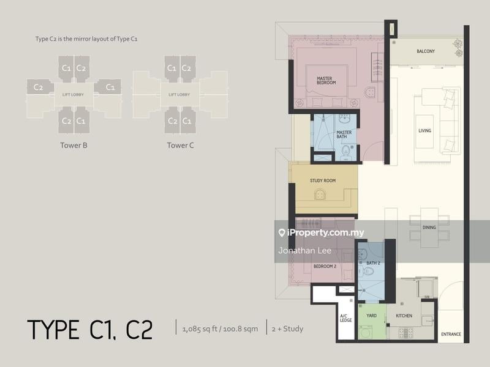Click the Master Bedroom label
(326, 81)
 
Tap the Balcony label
(426, 51)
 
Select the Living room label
(424, 130)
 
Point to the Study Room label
(323, 180)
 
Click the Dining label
(429, 228)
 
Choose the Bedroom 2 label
(325, 266)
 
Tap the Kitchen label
(404, 316)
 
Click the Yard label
(372, 316)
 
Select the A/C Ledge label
(345, 318)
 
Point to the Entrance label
(451, 334)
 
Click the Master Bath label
(344, 135)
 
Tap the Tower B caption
(73, 146)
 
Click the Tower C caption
(180, 146)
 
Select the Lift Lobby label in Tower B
(73, 95)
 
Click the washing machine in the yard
(365, 332)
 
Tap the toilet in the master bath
(345, 151)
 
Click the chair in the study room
(320, 195)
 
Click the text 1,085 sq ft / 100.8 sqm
(221, 329)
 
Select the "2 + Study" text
(287, 329)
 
